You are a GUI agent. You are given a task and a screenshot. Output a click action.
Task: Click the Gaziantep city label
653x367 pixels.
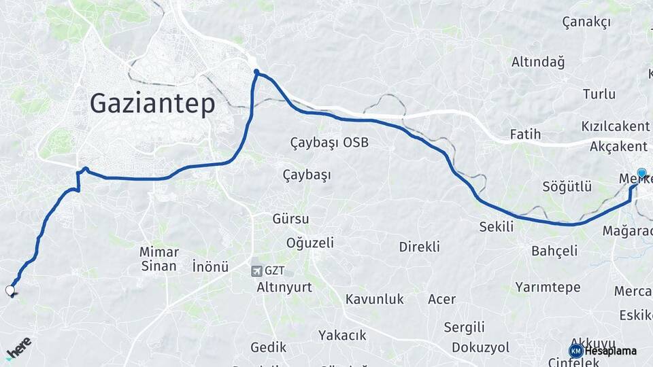coord(152,104)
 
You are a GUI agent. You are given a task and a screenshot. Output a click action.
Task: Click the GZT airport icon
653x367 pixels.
coord(256,270)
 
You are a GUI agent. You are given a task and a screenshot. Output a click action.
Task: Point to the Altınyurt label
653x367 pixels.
coord(284,287)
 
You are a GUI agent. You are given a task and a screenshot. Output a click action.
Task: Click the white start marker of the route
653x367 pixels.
coord(10,291)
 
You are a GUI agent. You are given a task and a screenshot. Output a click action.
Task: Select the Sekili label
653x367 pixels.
coord(497,227)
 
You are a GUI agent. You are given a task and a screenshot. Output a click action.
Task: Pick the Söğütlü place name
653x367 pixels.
coord(567,186)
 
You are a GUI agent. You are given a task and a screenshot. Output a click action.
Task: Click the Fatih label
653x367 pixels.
coord(525,135)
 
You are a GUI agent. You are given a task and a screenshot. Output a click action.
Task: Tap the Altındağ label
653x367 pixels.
coord(538,63)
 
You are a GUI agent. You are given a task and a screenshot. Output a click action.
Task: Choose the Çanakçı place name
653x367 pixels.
coord(586,22)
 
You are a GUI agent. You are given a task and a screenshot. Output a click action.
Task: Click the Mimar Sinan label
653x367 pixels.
coord(159,259)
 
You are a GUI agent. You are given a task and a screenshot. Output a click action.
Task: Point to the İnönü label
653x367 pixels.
coord(210,266)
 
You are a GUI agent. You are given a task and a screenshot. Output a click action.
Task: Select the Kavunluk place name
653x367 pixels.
coord(374,299)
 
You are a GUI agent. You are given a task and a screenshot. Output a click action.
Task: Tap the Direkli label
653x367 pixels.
coord(419,247)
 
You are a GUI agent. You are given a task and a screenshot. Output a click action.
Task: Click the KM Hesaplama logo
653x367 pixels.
coord(602,351)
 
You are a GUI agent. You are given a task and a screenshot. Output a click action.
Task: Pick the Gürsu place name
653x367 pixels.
coord(290,219)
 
